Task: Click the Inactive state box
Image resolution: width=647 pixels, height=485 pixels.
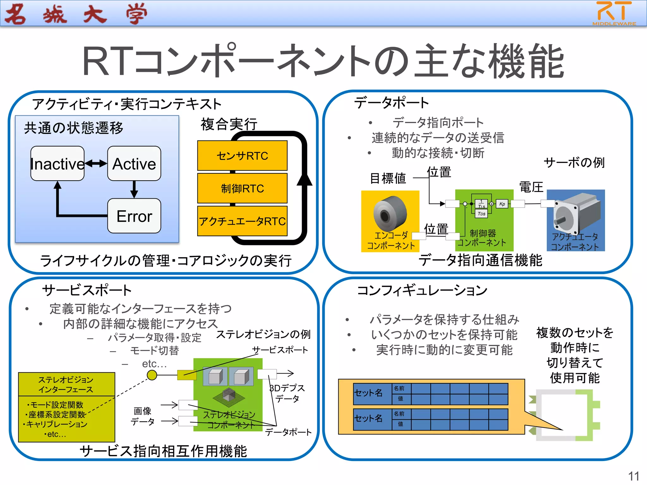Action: (57, 164)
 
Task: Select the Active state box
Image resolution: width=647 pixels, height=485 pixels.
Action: (134, 164)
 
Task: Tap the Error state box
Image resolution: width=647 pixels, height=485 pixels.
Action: (134, 216)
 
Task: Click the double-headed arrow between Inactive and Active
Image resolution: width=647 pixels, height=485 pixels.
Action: (96, 163)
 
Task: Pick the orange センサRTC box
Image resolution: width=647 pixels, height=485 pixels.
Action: (242, 156)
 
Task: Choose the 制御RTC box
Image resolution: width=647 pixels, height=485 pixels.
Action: (242, 189)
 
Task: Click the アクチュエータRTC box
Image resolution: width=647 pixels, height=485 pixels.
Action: (242, 221)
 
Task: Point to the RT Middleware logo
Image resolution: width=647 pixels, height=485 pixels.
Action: (614, 13)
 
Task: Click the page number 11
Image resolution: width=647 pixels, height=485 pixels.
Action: (633, 476)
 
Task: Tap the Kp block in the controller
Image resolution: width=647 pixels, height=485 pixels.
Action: (502, 204)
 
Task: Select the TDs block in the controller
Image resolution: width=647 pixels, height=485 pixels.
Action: (481, 214)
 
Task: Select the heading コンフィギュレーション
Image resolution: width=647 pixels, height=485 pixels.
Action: (422, 290)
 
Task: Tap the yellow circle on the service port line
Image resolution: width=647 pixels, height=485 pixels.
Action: (152, 375)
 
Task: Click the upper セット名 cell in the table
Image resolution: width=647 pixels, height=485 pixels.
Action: (368, 393)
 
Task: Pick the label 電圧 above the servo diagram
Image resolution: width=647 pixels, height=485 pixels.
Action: (531, 187)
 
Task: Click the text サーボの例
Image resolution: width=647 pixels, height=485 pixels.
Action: (574, 163)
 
